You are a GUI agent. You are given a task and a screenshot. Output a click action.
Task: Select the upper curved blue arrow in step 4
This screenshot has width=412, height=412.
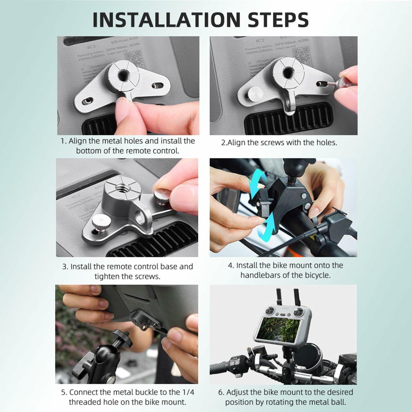click(256, 184)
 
